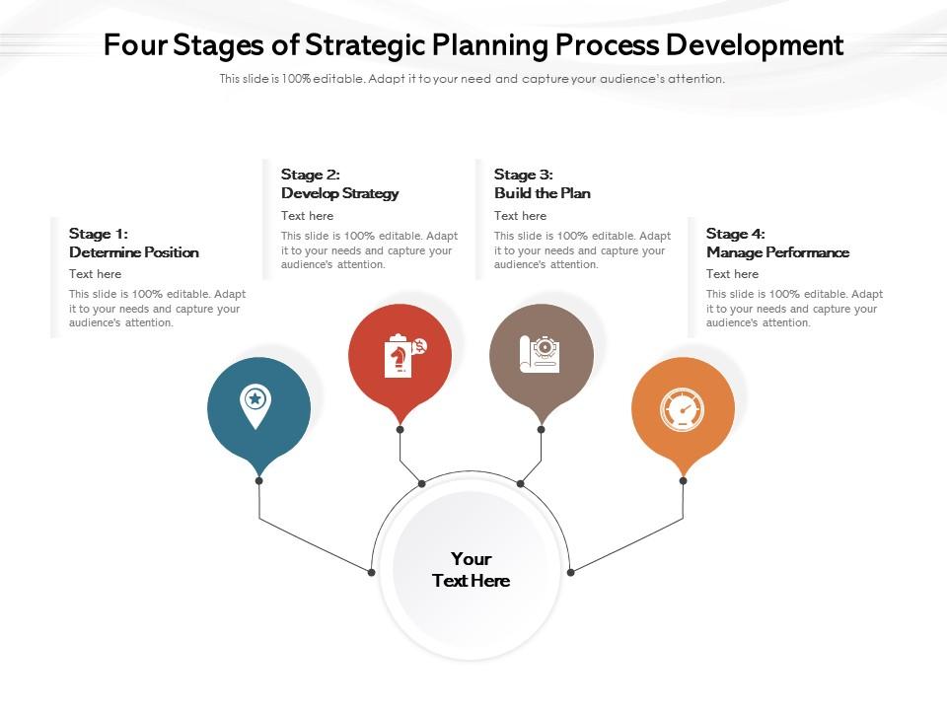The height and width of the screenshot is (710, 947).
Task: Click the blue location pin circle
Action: (258, 408)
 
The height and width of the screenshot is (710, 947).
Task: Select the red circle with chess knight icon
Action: (400, 356)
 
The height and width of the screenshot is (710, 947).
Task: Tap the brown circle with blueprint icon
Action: (542, 356)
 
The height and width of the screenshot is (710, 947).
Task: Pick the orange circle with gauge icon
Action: (683, 408)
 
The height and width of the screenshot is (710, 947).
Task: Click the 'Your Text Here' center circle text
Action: (472, 570)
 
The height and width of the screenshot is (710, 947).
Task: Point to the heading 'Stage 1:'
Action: (99, 234)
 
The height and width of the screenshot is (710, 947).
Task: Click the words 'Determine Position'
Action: (134, 252)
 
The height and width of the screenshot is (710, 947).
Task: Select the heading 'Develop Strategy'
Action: (340, 193)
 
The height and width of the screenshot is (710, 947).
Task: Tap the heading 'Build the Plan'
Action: (543, 193)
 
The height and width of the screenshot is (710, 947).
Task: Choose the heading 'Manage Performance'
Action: (777, 252)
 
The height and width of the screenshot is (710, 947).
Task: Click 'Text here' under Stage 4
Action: (732, 274)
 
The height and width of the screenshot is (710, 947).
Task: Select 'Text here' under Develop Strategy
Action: (307, 216)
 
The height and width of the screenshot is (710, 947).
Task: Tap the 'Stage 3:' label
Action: (523, 175)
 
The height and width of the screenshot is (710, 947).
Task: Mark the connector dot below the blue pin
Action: (258, 481)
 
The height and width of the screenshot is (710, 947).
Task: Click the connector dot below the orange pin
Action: (683, 481)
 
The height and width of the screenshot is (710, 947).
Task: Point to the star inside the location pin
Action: (255, 398)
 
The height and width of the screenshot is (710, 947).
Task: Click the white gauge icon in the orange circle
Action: (682, 409)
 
